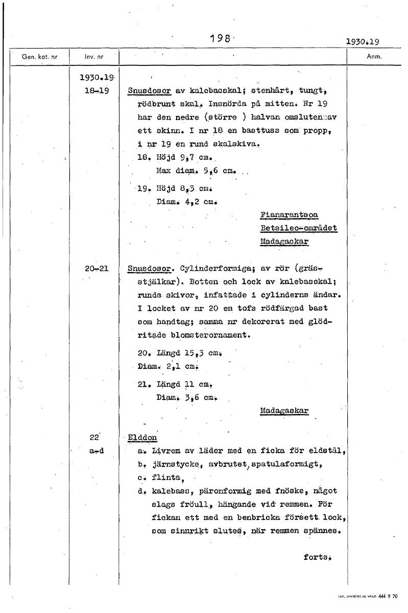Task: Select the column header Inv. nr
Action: click(94, 57)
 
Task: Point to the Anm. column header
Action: click(375, 57)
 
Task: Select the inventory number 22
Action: click(93, 437)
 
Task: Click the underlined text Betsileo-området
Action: click(298, 228)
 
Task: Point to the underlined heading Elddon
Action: click(142, 438)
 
